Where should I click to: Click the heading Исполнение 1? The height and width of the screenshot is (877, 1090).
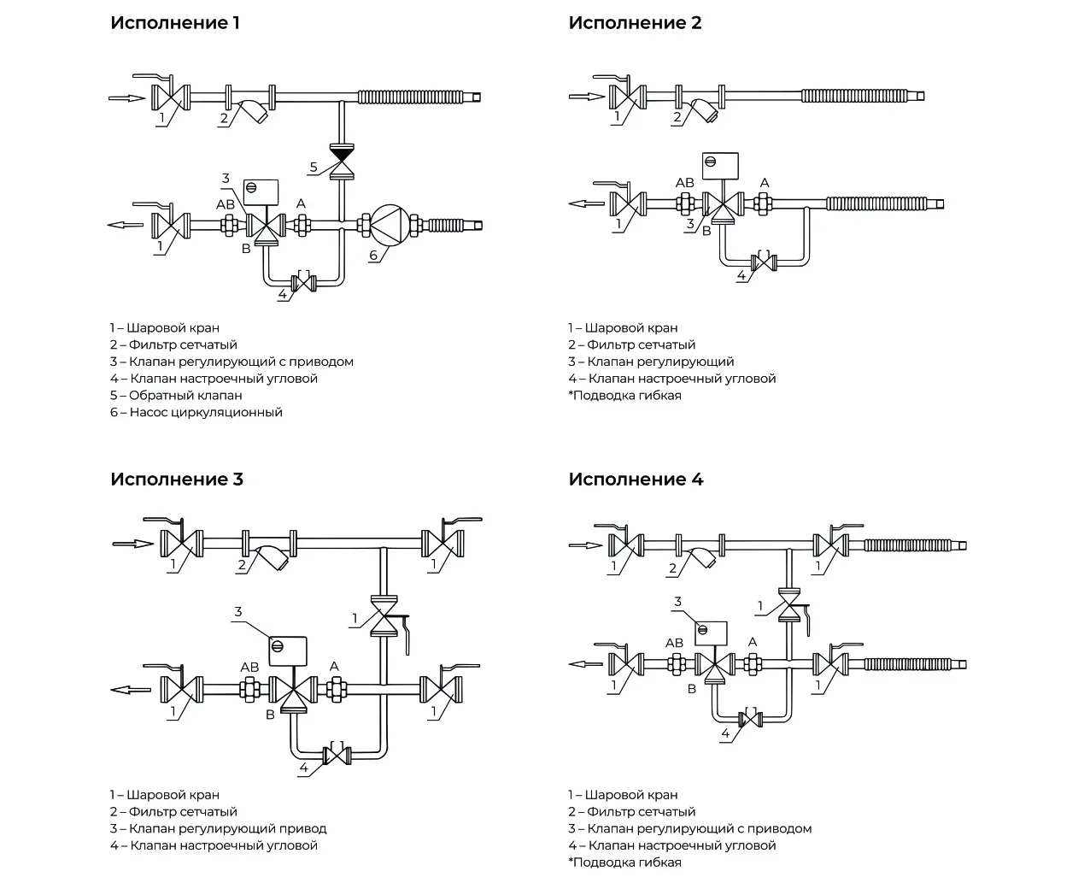(x=175, y=23)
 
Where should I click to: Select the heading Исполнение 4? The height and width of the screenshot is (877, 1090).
(x=636, y=479)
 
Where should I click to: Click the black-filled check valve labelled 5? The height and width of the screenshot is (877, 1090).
(x=342, y=162)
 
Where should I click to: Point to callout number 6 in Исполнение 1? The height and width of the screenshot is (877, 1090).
(x=373, y=255)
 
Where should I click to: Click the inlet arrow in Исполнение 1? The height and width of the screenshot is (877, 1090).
(x=127, y=97)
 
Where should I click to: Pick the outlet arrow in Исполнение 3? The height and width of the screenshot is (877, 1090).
(x=131, y=690)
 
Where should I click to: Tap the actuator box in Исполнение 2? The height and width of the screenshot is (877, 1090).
(x=720, y=166)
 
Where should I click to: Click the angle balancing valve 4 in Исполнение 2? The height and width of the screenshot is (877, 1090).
(x=764, y=262)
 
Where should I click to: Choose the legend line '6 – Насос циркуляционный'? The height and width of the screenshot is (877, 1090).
(x=196, y=412)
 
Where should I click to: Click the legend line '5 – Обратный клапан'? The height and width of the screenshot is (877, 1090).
(x=176, y=396)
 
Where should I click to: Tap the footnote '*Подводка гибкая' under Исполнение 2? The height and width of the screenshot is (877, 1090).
(x=624, y=396)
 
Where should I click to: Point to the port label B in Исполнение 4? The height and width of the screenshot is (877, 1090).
(x=692, y=689)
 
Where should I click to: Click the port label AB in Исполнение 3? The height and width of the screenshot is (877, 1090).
(x=249, y=667)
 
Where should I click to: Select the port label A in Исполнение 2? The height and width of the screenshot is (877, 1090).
(x=765, y=183)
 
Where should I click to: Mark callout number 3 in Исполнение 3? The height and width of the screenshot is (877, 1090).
(x=238, y=612)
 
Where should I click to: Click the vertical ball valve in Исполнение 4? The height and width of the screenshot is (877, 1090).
(x=789, y=605)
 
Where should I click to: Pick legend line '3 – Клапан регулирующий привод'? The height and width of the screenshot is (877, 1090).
(x=219, y=828)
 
